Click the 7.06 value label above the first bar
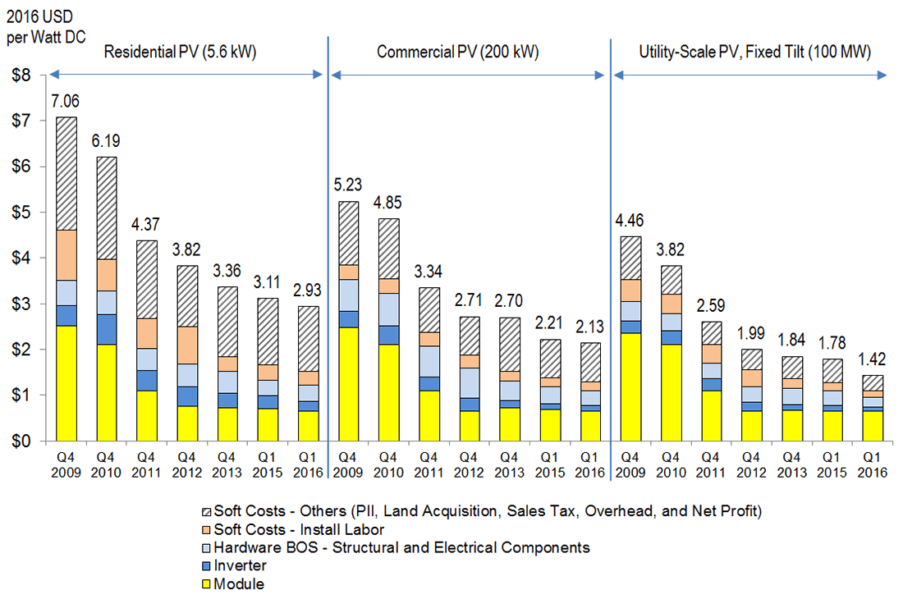pyautogui.click(x=66, y=101)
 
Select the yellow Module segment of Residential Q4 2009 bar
pyautogui.click(x=66, y=383)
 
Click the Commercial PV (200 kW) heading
pyautogui.click(x=457, y=53)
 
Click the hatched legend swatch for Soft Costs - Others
pyautogui.click(x=207, y=511)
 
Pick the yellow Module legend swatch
pyautogui.click(x=207, y=584)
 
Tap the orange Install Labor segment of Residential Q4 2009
pyautogui.click(x=66, y=255)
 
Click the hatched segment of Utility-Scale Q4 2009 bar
pyautogui.click(x=630, y=258)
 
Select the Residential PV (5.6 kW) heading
pyautogui.click(x=181, y=53)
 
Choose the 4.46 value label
pyautogui.click(x=630, y=220)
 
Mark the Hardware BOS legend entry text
pyautogui.click(x=401, y=547)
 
